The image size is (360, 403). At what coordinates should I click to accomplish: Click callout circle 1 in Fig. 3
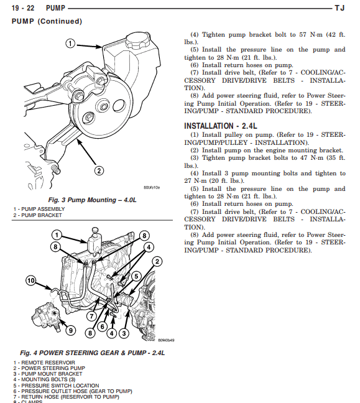pyautogui.click(x=70, y=43)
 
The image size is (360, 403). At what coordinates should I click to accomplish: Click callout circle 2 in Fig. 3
pyautogui.click(x=98, y=170)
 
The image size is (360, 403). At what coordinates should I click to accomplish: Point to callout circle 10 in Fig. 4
pyautogui.click(x=32, y=280)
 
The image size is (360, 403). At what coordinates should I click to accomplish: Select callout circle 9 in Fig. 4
pyautogui.click(x=71, y=330)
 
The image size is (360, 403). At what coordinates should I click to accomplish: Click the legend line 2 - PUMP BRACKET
pyautogui.click(x=37, y=215)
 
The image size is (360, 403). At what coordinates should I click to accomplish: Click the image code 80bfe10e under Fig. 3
pyautogui.click(x=152, y=187)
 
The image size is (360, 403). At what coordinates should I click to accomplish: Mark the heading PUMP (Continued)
pyautogui.click(x=47, y=21)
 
